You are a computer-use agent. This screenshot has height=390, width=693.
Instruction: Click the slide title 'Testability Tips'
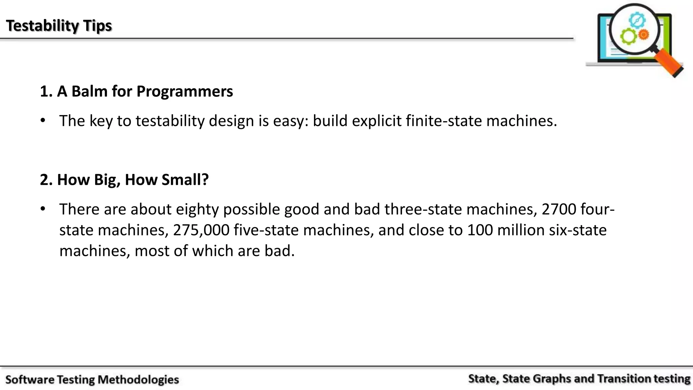(x=59, y=26)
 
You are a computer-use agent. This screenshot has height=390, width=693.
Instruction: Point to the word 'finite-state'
(x=444, y=121)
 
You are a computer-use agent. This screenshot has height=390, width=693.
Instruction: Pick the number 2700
(x=559, y=209)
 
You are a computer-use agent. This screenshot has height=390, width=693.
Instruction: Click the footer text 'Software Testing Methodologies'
(x=92, y=380)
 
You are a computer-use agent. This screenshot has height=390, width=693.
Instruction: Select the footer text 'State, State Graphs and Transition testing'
(x=579, y=378)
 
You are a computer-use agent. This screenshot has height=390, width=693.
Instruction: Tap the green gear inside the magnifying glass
(x=628, y=37)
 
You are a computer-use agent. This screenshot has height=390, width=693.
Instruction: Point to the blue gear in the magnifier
(x=637, y=20)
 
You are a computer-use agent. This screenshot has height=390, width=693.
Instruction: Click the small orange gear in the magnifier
(x=643, y=34)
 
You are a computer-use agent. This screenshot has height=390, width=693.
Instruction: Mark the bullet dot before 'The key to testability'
(x=43, y=121)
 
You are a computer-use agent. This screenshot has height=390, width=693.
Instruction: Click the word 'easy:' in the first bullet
(x=291, y=121)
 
